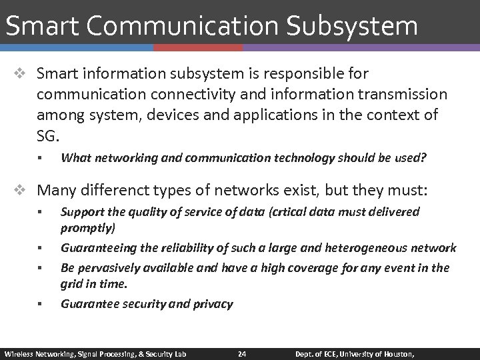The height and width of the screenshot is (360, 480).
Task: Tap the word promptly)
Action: (x=88, y=228)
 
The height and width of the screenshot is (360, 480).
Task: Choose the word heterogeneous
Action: (x=364, y=248)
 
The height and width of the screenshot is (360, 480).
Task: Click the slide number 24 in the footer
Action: (x=243, y=353)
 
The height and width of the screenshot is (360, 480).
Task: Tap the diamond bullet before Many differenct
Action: (x=23, y=191)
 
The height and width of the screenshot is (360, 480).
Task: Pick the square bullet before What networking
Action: (x=40, y=159)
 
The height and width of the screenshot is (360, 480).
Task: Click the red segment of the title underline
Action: (x=198, y=48)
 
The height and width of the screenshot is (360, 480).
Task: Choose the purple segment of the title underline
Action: (x=361, y=48)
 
